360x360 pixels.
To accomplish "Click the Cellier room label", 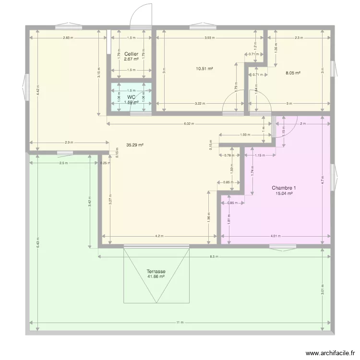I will (x=131, y=54).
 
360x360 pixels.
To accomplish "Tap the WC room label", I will (x=131, y=97).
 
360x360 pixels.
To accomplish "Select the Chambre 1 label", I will (x=284, y=188).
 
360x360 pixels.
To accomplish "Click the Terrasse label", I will (x=156, y=272).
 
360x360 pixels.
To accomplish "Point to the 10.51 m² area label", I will (x=204, y=69).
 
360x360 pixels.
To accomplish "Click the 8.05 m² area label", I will (x=293, y=73).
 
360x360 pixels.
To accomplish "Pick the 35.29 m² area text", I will (x=134, y=144).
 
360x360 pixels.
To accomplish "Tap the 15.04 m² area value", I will (x=284, y=193).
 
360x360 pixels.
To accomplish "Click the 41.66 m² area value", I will (x=156, y=277).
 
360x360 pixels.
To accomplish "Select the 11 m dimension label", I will (x=180, y=322).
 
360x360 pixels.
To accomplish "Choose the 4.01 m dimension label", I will (x=275, y=236).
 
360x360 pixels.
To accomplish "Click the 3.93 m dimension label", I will (x=209, y=37).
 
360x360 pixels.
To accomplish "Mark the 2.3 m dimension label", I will (x=298, y=37).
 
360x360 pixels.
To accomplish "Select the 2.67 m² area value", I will (x=131, y=60).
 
